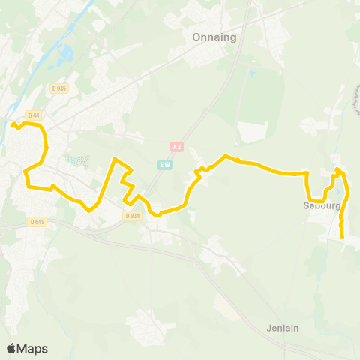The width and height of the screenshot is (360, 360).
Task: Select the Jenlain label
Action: coord(283,328)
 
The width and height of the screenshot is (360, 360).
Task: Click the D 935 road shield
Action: coord(59,88)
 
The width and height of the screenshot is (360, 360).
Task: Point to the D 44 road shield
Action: coord(33,115)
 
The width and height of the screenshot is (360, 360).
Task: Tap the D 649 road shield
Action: coord(37,221)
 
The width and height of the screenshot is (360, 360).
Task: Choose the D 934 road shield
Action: coord(132,215)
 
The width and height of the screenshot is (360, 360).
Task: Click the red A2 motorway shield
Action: coord(177,147)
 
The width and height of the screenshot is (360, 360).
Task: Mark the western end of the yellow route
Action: coord(13,124)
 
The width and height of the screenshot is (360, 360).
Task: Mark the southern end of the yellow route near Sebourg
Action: coord(343,237)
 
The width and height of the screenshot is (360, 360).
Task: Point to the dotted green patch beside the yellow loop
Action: coord(78,160)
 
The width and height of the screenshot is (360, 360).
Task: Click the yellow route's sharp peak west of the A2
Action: coord(114,159)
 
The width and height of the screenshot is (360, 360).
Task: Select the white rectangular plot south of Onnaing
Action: coord(253,132)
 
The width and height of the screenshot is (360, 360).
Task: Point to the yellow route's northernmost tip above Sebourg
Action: coord(338,169)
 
